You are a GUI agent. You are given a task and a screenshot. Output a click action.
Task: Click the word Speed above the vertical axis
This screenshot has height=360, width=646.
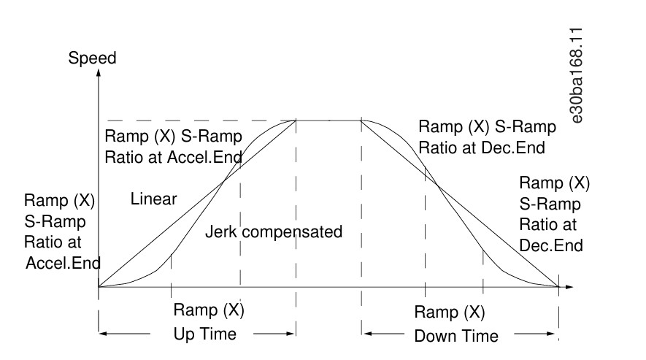(92, 58)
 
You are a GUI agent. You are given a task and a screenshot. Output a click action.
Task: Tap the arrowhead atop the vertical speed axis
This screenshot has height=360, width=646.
(99, 73)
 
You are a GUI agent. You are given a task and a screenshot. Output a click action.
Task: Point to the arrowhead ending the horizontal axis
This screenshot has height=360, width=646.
(569, 286)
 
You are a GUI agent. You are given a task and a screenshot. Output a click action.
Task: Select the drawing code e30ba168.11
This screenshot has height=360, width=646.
(577, 75)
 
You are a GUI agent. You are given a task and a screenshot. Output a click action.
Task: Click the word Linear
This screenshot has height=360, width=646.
(154, 199)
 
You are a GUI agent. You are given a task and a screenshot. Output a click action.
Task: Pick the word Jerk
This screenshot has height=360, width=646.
(221, 231)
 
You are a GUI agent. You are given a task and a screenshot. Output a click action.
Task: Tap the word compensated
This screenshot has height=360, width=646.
(292, 232)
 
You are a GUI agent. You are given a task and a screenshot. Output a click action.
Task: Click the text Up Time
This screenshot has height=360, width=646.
(205, 334)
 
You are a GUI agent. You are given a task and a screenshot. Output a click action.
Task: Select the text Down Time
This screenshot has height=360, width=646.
(456, 336)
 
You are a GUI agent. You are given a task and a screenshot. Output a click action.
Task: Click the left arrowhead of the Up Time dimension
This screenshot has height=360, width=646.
(103, 333)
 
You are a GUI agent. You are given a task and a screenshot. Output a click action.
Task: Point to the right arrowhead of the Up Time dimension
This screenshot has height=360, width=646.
(291, 333)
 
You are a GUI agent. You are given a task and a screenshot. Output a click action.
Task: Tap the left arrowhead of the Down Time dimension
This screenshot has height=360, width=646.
(367, 333)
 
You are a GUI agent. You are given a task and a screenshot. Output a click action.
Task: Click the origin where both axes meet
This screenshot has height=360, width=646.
(99, 286)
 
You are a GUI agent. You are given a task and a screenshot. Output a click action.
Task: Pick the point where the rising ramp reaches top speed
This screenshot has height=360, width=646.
(296, 120)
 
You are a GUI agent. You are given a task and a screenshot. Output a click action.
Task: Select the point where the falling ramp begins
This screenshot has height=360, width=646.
(362, 120)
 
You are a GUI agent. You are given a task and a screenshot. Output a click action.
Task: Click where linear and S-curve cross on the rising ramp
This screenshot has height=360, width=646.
(223, 181)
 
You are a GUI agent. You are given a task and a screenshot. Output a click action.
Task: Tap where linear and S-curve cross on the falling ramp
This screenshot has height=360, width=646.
(437, 185)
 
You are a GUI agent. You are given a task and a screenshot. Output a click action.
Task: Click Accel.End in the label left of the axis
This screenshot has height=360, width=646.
(64, 263)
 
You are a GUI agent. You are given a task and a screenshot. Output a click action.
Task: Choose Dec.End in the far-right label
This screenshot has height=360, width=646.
(551, 246)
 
